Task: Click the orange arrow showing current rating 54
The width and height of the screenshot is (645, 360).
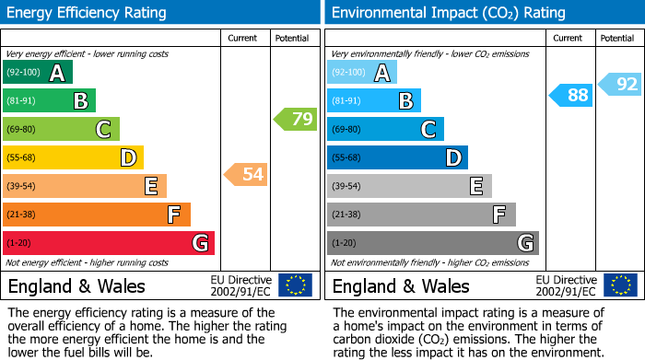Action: pyautogui.click(x=245, y=174)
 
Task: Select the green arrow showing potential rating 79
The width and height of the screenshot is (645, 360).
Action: pyautogui.click(x=295, y=119)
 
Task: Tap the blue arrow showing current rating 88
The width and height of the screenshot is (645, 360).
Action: pyautogui.click(x=571, y=95)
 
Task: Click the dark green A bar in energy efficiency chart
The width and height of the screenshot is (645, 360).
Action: pyautogui.click(x=37, y=73)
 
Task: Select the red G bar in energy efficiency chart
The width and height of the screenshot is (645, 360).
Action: pyautogui.click(x=108, y=243)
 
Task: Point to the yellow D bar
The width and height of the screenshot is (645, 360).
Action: pyautogui.click(x=73, y=157)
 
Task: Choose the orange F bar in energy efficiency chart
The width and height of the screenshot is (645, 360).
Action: pyautogui.click(x=96, y=215)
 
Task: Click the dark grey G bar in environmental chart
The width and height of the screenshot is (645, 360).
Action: pyautogui.click(x=432, y=243)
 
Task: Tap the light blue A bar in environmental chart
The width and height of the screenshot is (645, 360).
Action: pyautogui.click(x=362, y=73)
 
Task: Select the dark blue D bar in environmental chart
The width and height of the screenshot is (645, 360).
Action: pyautogui.click(x=397, y=157)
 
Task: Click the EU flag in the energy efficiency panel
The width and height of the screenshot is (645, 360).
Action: pyautogui.click(x=295, y=285)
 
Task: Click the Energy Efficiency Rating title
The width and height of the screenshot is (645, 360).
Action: pyautogui.click(x=88, y=13)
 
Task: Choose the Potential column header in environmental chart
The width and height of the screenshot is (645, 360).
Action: pyautogui.click(x=617, y=38)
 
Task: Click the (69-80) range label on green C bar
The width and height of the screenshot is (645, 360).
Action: pyautogui.click(x=21, y=130)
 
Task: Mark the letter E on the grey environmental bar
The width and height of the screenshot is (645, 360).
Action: pyautogui.click(x=475, y=187)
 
